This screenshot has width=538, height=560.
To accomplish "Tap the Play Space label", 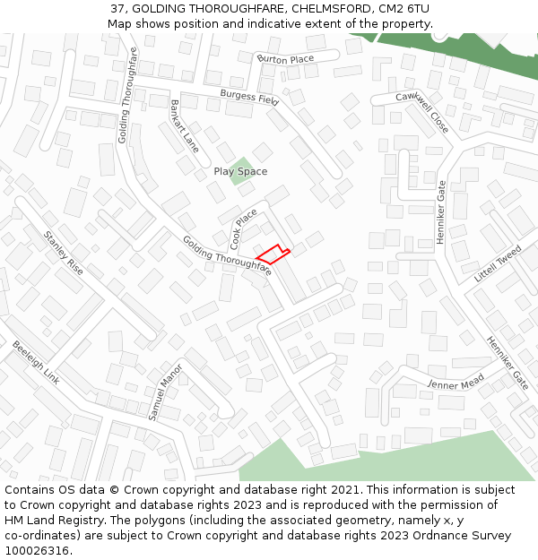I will (240, 171).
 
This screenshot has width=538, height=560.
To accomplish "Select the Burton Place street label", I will (285, 59).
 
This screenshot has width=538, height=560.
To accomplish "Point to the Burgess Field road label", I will (249, 98).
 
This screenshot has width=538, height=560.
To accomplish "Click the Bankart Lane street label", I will (184, 126).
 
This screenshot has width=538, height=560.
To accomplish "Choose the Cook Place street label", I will (243, 228).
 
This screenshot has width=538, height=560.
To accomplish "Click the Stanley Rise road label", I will (64, 253).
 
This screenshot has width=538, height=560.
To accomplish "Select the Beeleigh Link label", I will (36, 362).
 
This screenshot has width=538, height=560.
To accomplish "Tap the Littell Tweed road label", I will (498, 264).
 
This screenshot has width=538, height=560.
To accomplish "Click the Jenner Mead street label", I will (456, 382).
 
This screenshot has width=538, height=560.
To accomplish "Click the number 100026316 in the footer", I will (38, 550).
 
